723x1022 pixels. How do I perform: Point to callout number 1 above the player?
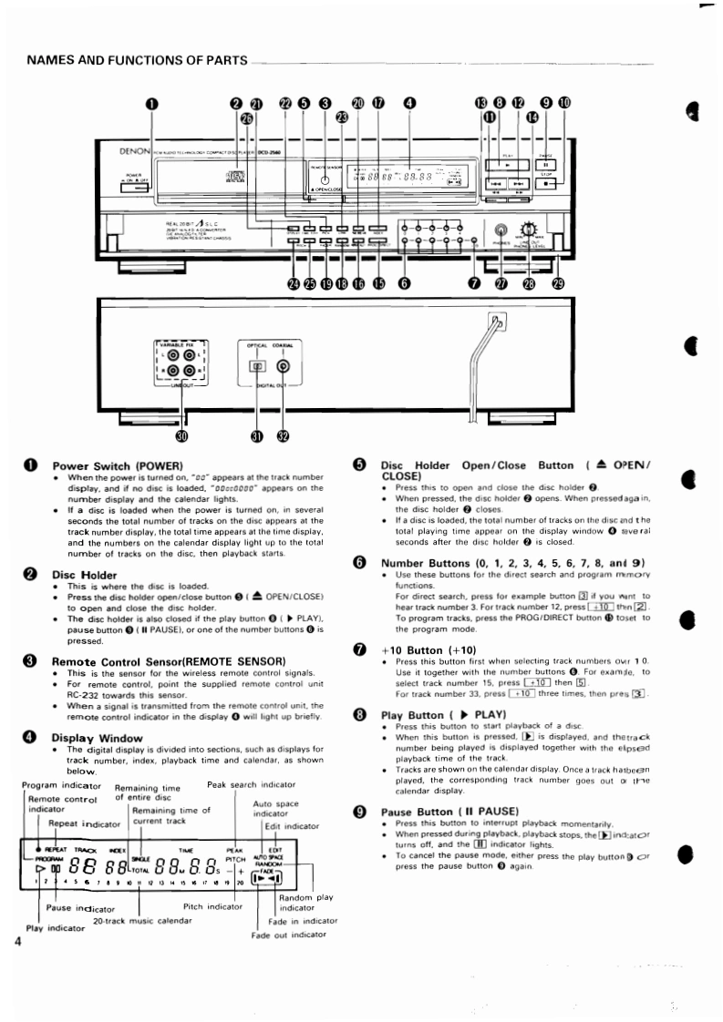[152, 103]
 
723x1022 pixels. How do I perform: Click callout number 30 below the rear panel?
[181, 436]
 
